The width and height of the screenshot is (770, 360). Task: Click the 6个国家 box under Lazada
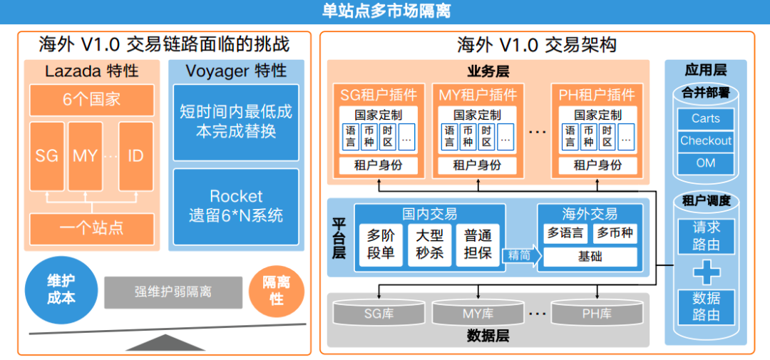(x=92, y=101)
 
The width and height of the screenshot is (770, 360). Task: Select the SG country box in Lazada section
(x=47, y=156)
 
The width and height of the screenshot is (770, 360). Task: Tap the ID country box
(x=135, y=156)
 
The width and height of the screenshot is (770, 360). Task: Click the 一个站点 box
(x=92, y=228)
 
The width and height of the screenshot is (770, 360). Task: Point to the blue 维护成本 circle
(x=61, y=289)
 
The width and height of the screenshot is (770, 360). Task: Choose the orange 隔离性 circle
(x=277, y=289)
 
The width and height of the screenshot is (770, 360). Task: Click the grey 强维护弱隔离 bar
(x=173, y=292)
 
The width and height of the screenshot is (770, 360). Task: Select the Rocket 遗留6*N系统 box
(x=236, y=206)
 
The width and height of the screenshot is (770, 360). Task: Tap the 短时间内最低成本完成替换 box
(x=236, y=123)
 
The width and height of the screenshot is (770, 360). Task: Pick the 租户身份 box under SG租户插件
(x=378, y=165)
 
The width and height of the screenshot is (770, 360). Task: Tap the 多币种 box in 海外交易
(x=615, y=233)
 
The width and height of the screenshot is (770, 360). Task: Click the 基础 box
(x=590, y=257)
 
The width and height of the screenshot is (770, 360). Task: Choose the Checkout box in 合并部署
(x=706, y=141)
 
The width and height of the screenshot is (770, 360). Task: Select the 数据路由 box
(x=706, y=307)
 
